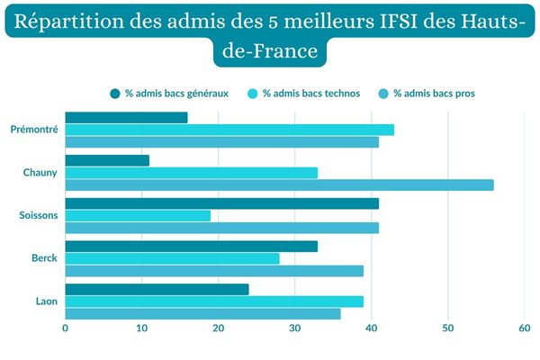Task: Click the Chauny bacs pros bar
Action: (x=279, y=184)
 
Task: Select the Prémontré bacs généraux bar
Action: (x=126, y=117)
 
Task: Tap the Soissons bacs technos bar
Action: (x=138, y=215)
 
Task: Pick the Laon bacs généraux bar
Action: (x=157, y=289)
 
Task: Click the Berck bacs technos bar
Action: (x=172, y=258)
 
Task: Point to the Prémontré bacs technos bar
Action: (x=229, y=130)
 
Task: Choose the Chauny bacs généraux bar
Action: (x=107, y=160)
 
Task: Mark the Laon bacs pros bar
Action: (x=202, y=313)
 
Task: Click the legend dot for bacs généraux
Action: (x=115, y=94)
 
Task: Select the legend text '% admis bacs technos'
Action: (x=310, y=94)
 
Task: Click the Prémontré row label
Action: (x=34, y=130)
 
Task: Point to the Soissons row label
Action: (x=39, y=215)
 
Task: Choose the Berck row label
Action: (x=44, y=258)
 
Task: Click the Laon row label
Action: (x=46, y=301)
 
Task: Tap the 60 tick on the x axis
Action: (x=525, y=329)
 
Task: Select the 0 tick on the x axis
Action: (x=66, y=329)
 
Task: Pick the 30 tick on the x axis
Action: (x=295, y=329)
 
